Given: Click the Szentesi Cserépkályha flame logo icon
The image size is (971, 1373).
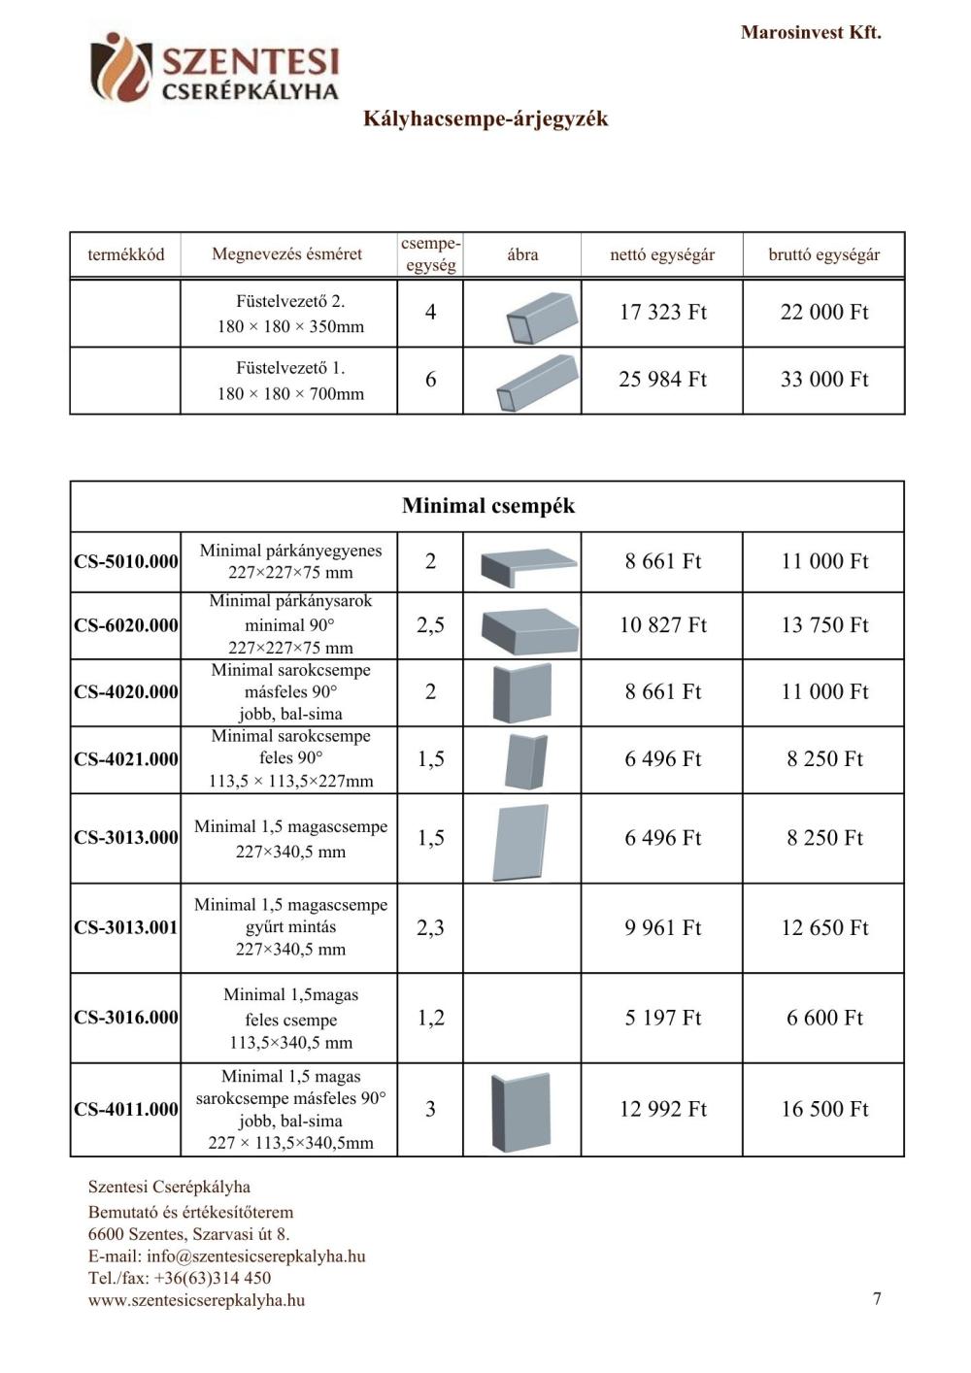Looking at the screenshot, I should click(x=119, y=66).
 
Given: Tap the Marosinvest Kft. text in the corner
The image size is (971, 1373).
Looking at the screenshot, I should click(x=810, y=32).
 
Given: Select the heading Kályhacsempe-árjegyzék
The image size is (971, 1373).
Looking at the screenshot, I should click(x=485, y=118).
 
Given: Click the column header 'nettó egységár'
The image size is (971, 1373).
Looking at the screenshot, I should click(x=662, y=254).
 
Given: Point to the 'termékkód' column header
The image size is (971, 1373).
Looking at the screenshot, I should click(x=125, y=254).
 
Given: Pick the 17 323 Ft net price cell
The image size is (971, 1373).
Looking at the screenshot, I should click(x=662, y=312).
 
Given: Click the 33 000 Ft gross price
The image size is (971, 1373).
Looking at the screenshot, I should click(x=823, y=379).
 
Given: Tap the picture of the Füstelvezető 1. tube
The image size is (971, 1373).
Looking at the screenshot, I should click(x=536, y=383).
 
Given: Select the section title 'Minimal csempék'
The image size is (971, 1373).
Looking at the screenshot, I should click(x=487, y=506).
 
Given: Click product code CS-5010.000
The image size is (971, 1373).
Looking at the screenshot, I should click(x=126, y=561).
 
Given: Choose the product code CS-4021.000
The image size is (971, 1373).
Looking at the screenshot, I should click(x=126, y=759).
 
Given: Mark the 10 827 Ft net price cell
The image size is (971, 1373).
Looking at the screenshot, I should click(x=662, y=625).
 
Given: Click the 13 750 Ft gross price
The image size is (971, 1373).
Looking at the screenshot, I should click(x=823, y=625).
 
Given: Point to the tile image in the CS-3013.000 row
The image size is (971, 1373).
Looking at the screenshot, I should click(x=520, y=841).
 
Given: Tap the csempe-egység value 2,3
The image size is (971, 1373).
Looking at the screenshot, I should click(x=430, y=927).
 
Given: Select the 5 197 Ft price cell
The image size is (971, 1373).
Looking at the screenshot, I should click(x=662, y=1018).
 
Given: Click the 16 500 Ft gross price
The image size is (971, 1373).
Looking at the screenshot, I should click(x=823, y=1109).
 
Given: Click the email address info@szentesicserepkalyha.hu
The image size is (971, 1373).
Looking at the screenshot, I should click(x=256, y=1256).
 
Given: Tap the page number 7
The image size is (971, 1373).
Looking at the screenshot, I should click(x=877, y=1298).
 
